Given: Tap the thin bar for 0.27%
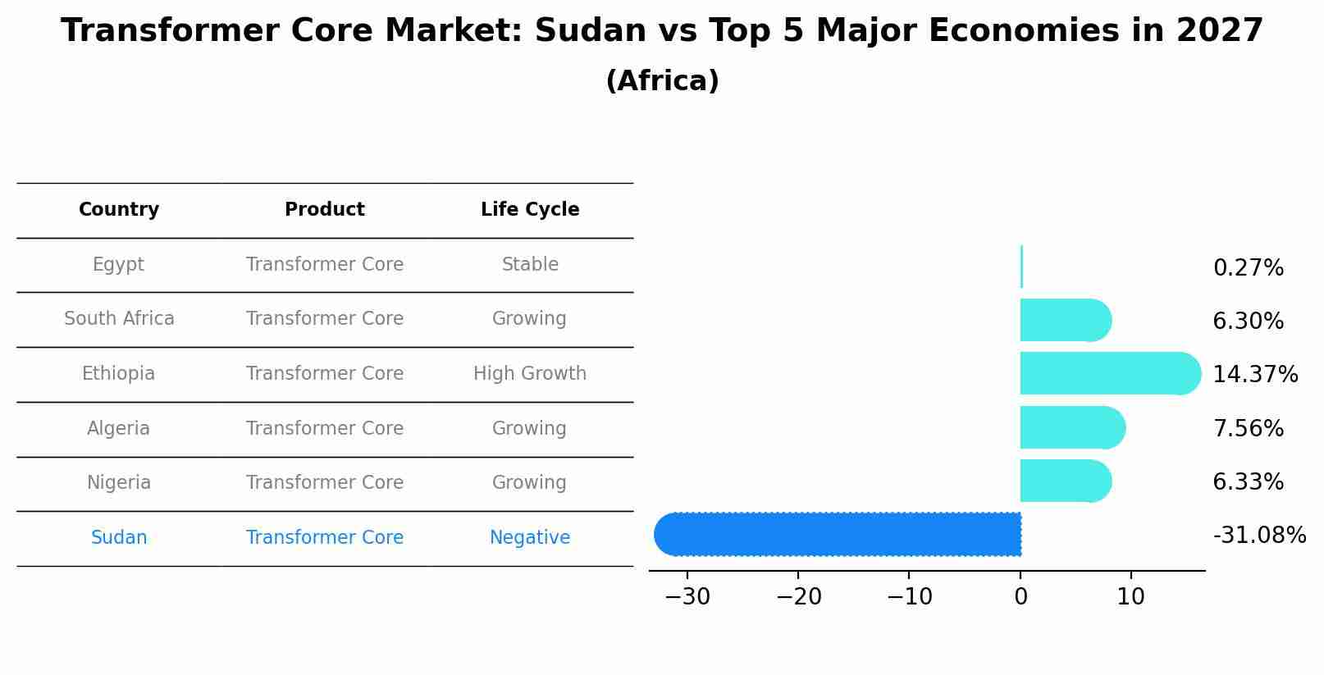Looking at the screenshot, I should (1021, 267).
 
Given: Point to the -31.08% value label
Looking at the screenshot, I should (1258, 536).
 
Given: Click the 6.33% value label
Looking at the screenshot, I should (1248, 482).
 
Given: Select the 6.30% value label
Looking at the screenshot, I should (1248, 322).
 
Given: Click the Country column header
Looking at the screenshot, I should (119, 210).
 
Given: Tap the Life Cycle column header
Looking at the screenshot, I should (530, 210).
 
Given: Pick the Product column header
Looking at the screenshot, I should (325, 210).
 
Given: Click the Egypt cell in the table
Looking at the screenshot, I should (118, 265).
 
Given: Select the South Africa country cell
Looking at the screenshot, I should (119, 319).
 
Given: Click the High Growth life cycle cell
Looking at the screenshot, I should (530, 374).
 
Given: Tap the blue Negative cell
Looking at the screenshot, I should (530, 538).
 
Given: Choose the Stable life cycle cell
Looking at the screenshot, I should (530, 265).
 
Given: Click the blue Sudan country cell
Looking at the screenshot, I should (119, 538).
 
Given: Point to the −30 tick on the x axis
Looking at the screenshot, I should (687, 597).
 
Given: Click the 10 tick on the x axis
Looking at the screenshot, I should (1130, 597).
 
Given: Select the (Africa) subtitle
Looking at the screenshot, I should (662, 81).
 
